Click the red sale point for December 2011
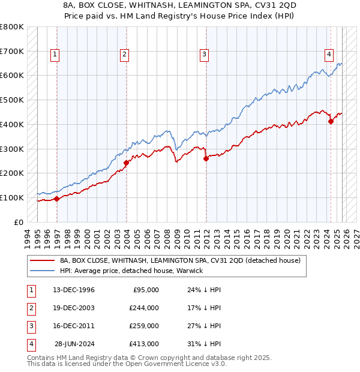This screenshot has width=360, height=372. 206,159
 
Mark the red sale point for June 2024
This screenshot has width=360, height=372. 331,121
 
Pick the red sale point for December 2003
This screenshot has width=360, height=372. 127,163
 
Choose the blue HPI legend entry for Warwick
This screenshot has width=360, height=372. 131,271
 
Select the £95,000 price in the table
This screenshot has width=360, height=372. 145,290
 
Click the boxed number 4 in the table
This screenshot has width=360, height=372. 30,344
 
